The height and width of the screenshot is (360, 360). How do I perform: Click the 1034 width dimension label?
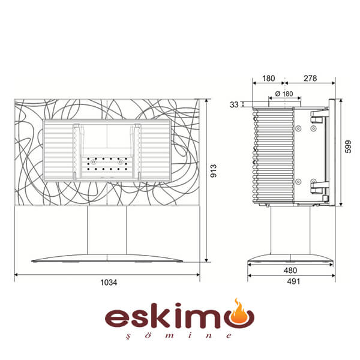[109, 282]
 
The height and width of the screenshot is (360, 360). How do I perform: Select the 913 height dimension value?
[214, 170]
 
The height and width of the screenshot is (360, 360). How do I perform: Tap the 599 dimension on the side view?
[348, 146]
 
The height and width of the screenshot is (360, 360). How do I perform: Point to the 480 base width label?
[290, 270]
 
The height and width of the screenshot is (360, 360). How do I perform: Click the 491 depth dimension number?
[293, 281]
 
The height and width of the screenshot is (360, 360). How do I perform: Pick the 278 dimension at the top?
[310, 78]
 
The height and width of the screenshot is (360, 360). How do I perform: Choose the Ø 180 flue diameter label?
[284, 94]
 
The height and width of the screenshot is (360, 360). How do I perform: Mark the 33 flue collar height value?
[234, 104]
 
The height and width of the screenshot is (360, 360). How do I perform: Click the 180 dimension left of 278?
[268, 78]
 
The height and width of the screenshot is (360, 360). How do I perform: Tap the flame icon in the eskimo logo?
[241, 311]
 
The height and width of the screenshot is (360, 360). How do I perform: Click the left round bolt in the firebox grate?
[94, 162]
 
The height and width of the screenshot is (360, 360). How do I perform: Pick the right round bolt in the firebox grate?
[121, 162]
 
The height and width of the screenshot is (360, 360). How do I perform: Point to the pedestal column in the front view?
[107, 230]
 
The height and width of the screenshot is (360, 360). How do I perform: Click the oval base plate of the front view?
[107, 258]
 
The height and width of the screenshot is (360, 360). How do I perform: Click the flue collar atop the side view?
[284, 104]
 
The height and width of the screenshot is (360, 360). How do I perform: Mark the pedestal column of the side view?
[290, 230]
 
